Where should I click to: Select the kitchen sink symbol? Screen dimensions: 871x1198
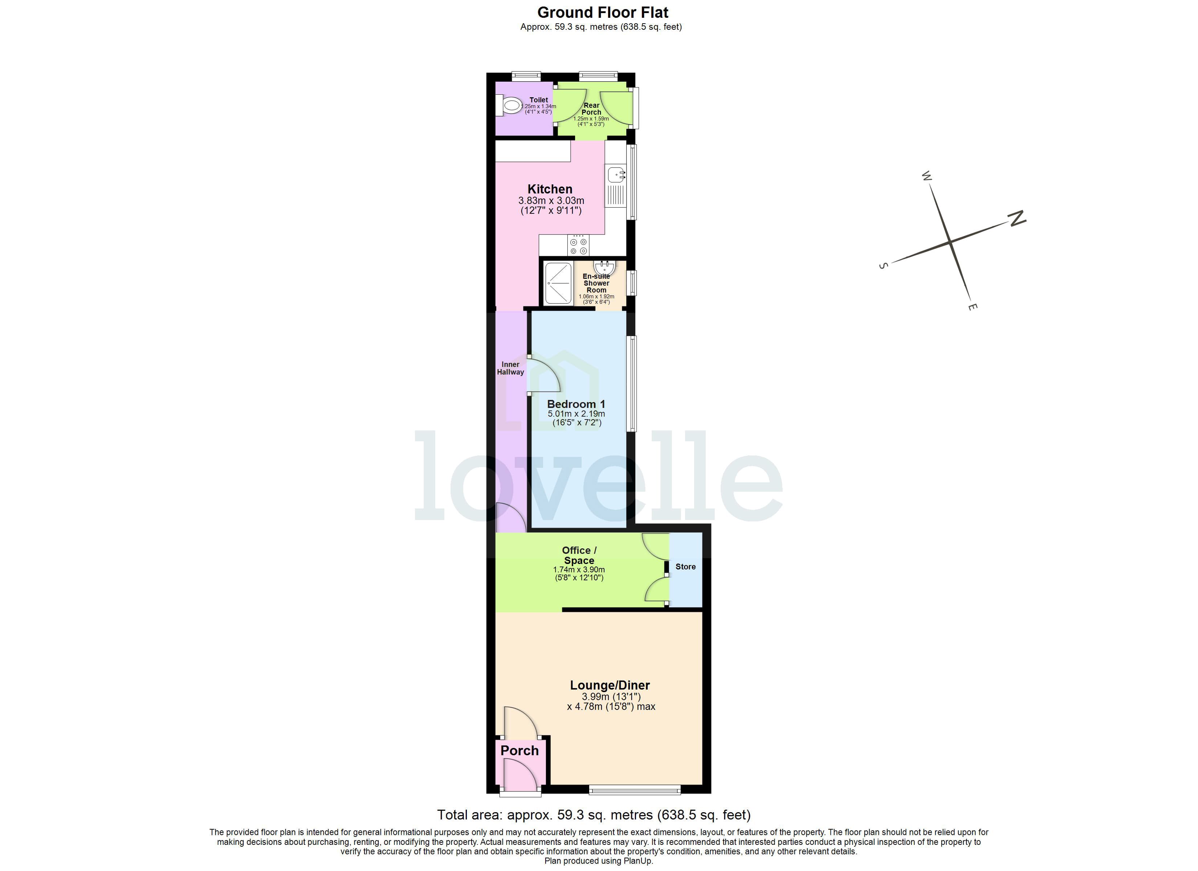coord(616,174)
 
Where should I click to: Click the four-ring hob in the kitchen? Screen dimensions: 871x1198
coord(578,246)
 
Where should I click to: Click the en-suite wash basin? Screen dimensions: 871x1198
coord(604,266)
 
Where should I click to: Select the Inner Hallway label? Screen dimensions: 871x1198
coord(510,368)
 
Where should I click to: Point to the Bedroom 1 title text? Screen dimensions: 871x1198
coord(576,404)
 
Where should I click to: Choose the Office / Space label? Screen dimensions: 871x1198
coord(579,555)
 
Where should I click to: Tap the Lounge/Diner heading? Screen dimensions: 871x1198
coord(610,685)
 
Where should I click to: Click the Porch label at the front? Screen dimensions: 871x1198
coord(519,751)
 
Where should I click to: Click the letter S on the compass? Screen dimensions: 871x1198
coord(883,266)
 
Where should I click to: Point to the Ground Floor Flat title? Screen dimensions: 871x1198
coord(603,12)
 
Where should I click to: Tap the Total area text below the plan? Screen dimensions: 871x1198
coord(594,815)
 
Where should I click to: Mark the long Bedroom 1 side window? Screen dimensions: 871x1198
coord(631,384)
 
